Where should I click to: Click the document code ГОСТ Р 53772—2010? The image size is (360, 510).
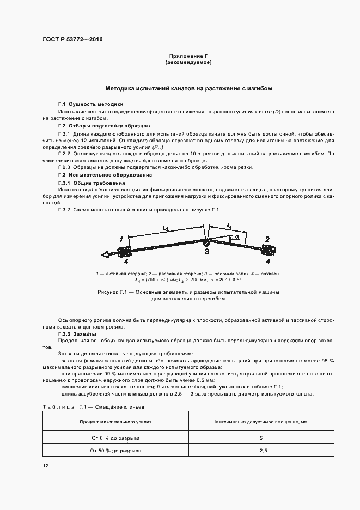click(x=73, y=40)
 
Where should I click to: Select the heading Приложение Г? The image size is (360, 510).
click(x=188, y=56)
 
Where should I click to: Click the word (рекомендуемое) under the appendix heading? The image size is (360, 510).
click(x=188, y=63)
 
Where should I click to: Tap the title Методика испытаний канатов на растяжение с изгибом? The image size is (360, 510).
click(x=188, y=88)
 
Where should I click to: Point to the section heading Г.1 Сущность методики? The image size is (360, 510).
click(x=90, y=104)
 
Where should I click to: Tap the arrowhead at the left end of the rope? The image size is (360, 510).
click(x=105, y=254)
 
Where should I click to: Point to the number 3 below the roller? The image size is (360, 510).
click(x=206, y=252)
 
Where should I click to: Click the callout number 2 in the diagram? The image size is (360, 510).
click(x=267, y=239)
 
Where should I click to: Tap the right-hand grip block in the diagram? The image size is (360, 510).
click(x=269, y=250)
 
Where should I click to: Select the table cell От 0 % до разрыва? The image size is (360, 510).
click(x=115, y=438)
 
